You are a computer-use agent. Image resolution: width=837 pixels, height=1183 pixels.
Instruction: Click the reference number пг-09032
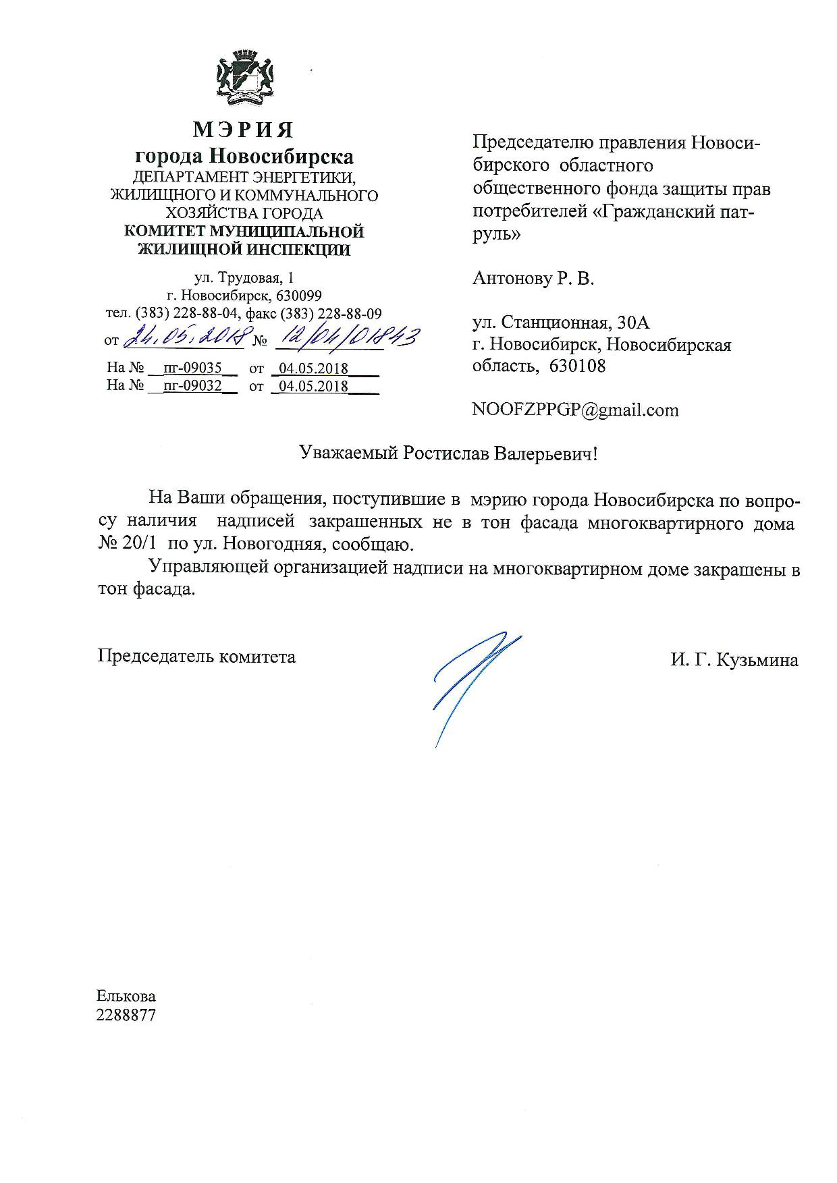[192, 386]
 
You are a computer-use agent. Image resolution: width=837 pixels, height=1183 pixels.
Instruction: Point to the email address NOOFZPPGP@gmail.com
[576, 410]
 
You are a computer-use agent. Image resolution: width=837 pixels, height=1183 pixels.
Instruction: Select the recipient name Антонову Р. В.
[533, 278]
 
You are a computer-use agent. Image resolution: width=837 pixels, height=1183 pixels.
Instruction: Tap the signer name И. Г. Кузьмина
[734, 660]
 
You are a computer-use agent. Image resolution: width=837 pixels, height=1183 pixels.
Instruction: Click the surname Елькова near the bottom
[126, 996]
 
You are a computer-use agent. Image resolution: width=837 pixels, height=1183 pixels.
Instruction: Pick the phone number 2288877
[126, 1015]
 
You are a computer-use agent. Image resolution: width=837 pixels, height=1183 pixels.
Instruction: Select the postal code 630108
[578, 366]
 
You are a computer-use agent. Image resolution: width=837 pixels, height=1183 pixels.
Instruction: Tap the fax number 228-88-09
[354, 314]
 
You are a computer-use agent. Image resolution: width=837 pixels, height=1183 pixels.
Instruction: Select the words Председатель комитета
[196, 656]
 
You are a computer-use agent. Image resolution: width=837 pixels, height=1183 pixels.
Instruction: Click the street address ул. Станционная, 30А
[561, 323]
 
